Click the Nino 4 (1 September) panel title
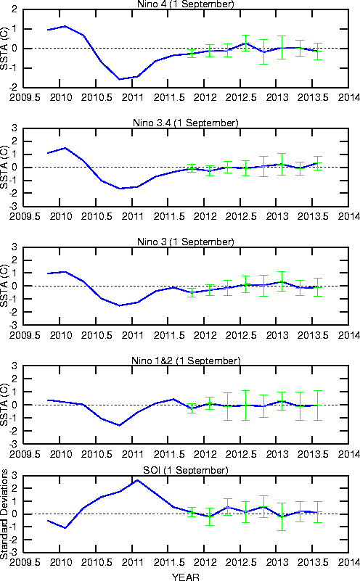click(x=185, y=4)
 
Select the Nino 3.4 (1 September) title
click(x=185, y=123)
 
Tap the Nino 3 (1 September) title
click(x=185, y=242)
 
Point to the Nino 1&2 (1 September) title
click(x=186, y=360)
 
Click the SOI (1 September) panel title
click(x=185, y=470)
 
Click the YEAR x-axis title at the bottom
click(x=185, y=577)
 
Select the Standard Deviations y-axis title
click(x=4, y=514)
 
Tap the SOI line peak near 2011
click(x=138, y=480)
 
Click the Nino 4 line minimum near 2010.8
click(x=119, y=79)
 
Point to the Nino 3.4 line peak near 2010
click(x=65, y=148)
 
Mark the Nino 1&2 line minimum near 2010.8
click(x=119, y=425)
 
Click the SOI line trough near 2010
click(x=65, y=528)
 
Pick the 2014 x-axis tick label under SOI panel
click(x=348, y=562)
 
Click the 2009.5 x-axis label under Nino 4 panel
click(x=25, y=97)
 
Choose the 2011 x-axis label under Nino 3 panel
click(x=132, y=335)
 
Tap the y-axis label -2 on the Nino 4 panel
click(x=13, y=88)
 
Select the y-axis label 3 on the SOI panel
click(x=15, y=475)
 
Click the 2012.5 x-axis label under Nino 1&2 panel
click(x=241, y=454)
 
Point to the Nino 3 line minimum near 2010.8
click(x=120, y=305)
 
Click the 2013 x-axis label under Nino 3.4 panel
click(x=277, y=216)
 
